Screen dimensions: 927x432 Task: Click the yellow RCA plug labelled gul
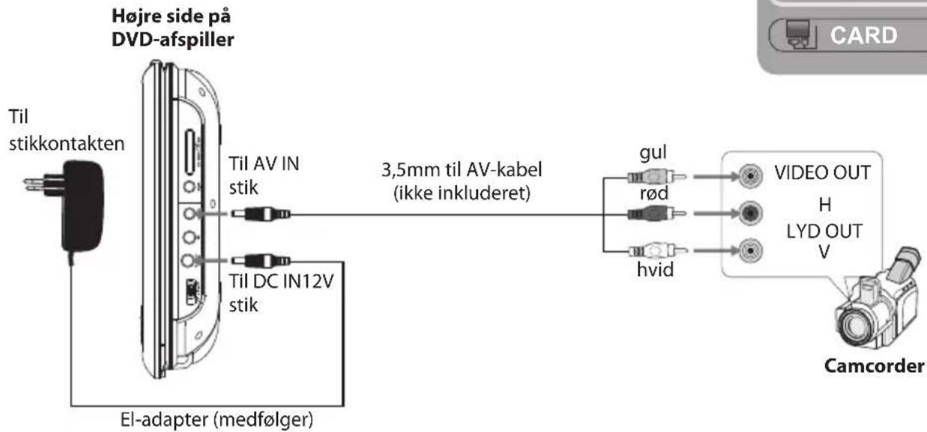(656, 177)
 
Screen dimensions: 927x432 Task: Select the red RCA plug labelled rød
(656, 214)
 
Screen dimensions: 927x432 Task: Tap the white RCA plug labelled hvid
(657, 250)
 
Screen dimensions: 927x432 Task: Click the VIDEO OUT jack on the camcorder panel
(750, 176)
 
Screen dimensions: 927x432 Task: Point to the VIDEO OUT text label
(822, 172)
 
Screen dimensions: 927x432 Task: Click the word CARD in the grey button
(864, 35)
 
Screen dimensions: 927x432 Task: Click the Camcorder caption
(874, 366)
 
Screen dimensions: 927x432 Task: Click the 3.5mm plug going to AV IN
(261, 214)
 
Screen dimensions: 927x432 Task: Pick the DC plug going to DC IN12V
(261, 261)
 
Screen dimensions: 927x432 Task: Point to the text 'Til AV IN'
(264, 163)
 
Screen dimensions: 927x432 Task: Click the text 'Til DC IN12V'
(282, 282)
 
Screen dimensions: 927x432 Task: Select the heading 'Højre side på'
(172, 16)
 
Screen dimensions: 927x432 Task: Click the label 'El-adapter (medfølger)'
(217, 419)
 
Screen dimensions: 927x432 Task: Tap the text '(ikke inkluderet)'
(462, 193)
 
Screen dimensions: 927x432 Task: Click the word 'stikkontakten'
(67, 144)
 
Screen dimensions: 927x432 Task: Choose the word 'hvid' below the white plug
(655, 270)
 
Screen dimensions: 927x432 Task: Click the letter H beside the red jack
(825, 205)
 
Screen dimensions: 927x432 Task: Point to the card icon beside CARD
(797, 34)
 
